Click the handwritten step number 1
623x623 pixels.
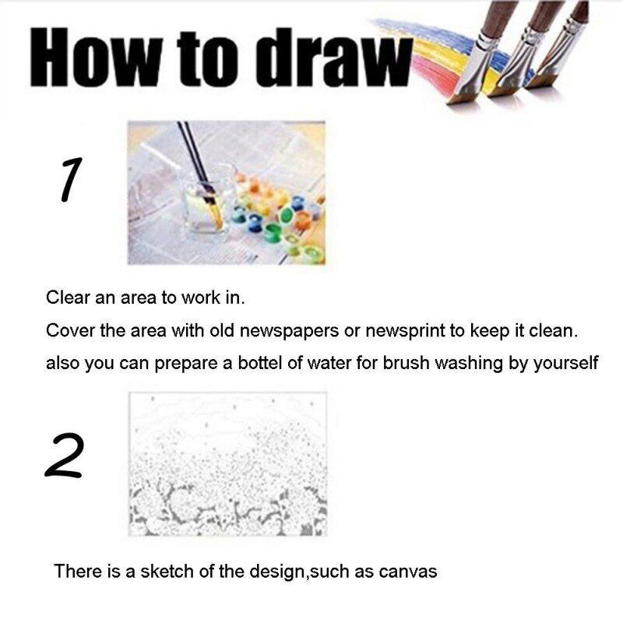tap(71, 179)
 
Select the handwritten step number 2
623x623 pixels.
tap(65, 455)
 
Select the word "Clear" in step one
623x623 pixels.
tap(68, 297)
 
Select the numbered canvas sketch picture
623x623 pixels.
tap(227, 463)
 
